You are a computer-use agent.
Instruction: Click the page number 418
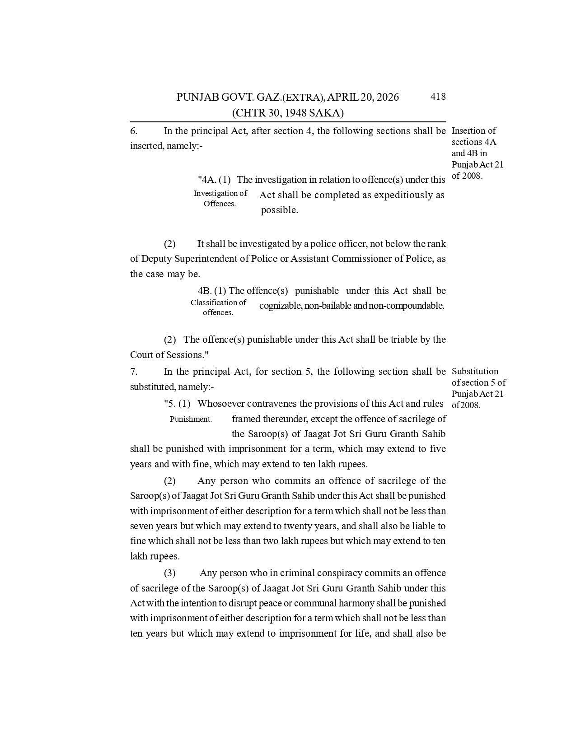point(438,96)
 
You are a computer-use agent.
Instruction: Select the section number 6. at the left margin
point(134,131)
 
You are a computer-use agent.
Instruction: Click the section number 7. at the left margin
point(134,372)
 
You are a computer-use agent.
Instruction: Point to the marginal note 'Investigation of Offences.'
point(220,198)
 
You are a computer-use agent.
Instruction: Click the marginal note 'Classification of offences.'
point(218,307)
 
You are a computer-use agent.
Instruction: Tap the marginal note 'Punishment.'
point(191,419)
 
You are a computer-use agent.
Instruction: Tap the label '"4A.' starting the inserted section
point(207,180)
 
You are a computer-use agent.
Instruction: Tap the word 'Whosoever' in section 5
point(221,404)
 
